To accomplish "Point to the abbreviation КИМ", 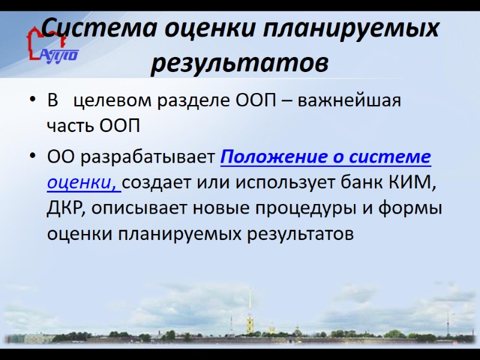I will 411,183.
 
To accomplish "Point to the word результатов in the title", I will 239,61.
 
